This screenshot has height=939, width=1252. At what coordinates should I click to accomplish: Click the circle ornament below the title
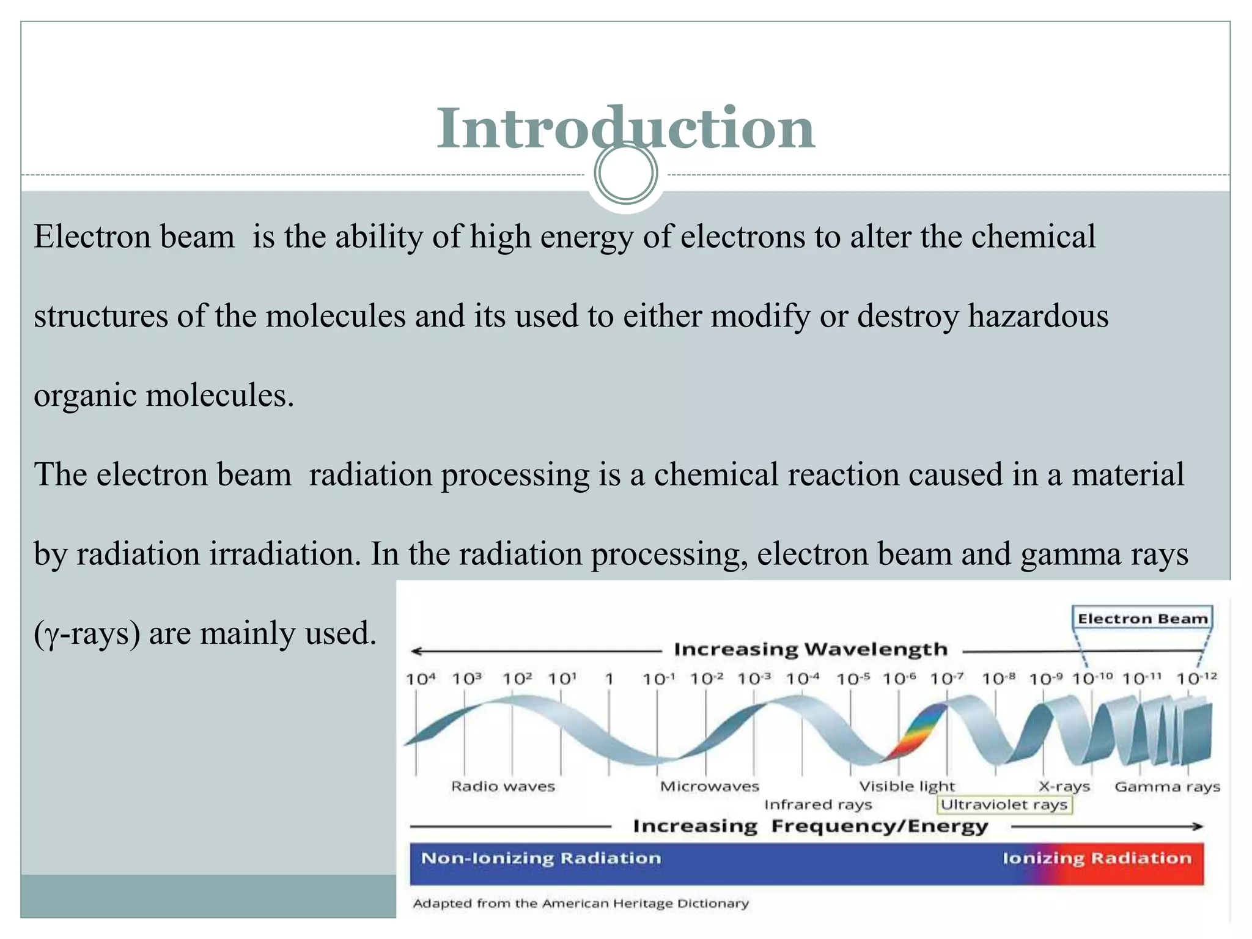pos(625,174)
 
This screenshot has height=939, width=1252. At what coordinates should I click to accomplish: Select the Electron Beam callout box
pos(1142,618)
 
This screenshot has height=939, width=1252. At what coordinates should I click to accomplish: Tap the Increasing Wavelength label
pos(810,649)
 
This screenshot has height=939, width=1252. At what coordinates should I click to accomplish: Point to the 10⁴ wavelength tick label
pos(421,679)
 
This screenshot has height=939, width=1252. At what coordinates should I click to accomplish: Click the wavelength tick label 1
pos(609,679)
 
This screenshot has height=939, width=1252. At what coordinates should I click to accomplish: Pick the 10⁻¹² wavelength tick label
pos(1196,679)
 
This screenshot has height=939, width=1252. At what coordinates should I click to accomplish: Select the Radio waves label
pos(503,786)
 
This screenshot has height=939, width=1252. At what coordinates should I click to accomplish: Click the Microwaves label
pos(709,786)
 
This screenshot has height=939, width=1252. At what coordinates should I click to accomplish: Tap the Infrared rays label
pos(817,805)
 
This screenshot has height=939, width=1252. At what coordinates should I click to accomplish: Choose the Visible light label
pos(907,786)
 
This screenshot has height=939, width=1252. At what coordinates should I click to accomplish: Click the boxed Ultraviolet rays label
pos(1004,805)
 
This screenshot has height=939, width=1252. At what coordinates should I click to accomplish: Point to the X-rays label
pos(1064,786)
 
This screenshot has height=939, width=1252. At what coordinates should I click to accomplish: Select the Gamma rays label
pos(1167,786)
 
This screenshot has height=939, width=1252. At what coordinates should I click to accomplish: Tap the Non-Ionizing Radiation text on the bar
pos(541,858)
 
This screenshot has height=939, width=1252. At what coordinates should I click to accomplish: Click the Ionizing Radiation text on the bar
pos(1097,858)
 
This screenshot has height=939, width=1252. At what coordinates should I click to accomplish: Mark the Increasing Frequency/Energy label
pos(810,826)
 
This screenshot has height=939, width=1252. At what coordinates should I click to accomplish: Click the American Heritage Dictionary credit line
pos(581,903)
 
